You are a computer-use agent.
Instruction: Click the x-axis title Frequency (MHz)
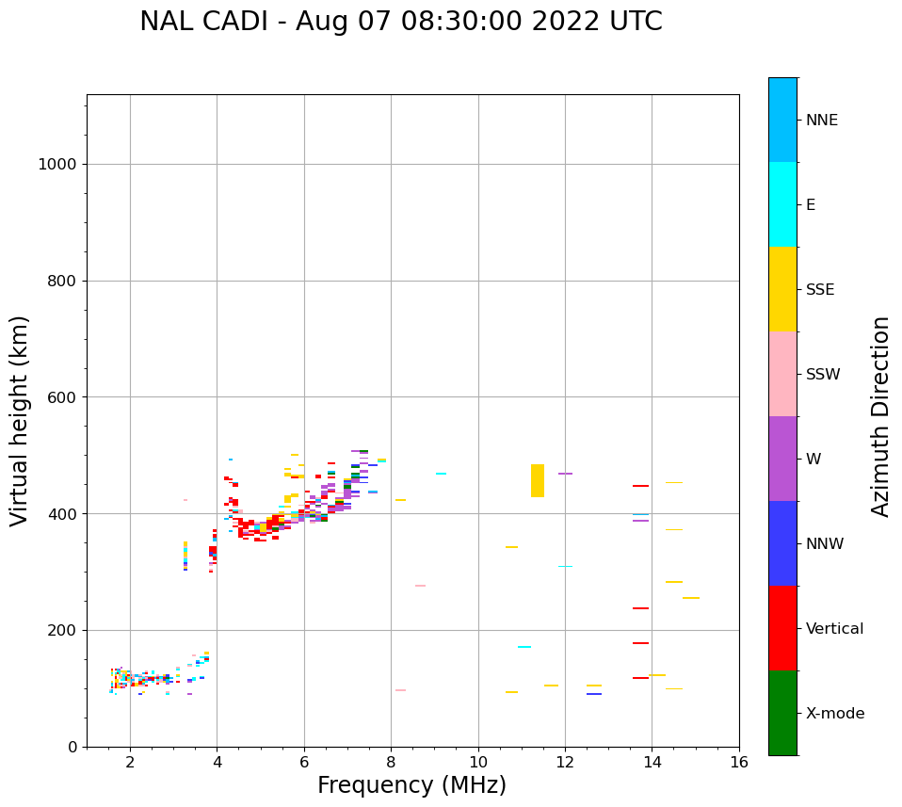pos(411,785)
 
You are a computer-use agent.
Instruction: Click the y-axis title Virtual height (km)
pos(20,420)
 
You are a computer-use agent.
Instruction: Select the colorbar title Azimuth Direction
pos(880,416)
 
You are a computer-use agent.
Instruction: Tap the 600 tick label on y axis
pos(61,397)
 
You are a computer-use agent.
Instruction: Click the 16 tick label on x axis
pos(739,762)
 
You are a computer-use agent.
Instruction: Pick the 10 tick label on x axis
pos(478,762)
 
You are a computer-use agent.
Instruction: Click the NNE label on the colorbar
pos(821,121)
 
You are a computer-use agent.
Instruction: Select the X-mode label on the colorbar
pos(834,714)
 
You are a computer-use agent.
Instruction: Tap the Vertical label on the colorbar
pos(834,629)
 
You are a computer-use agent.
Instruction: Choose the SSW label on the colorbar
pos(822,375)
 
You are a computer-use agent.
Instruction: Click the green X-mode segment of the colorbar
pos(782,713)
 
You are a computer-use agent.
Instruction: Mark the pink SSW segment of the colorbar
pos(782,374)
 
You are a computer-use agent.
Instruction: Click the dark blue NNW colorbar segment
pos(782,543)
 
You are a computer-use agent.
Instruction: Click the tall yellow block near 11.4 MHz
pos(538,480)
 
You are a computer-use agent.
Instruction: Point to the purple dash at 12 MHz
pos(565,474)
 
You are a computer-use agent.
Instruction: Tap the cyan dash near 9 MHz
pos(441,474)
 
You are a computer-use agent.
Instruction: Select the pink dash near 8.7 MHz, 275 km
pos(420,586)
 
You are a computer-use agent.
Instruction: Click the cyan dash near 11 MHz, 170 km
pos(524,647)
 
